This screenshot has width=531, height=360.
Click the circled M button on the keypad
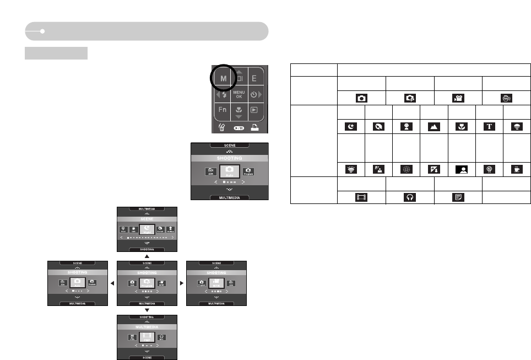tap(224, 79)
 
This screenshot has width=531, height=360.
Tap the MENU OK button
tap(239, 94)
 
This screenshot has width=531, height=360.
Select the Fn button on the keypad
tap(222, 110)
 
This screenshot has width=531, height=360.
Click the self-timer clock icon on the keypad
tap(254, 94)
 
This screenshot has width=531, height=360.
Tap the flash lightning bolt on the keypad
tap(224, 94)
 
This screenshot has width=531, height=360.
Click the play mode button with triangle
tap(254, 110)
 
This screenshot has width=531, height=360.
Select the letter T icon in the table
tap(489, 126)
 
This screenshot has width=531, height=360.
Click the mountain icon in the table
tap(434, 126)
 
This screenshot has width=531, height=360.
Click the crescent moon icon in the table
tap(351, 126)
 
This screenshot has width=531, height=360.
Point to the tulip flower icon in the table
tap(462, 126)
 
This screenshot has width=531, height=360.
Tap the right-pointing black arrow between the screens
tap(182, 283)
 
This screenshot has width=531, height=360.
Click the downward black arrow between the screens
tap(147, 310)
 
